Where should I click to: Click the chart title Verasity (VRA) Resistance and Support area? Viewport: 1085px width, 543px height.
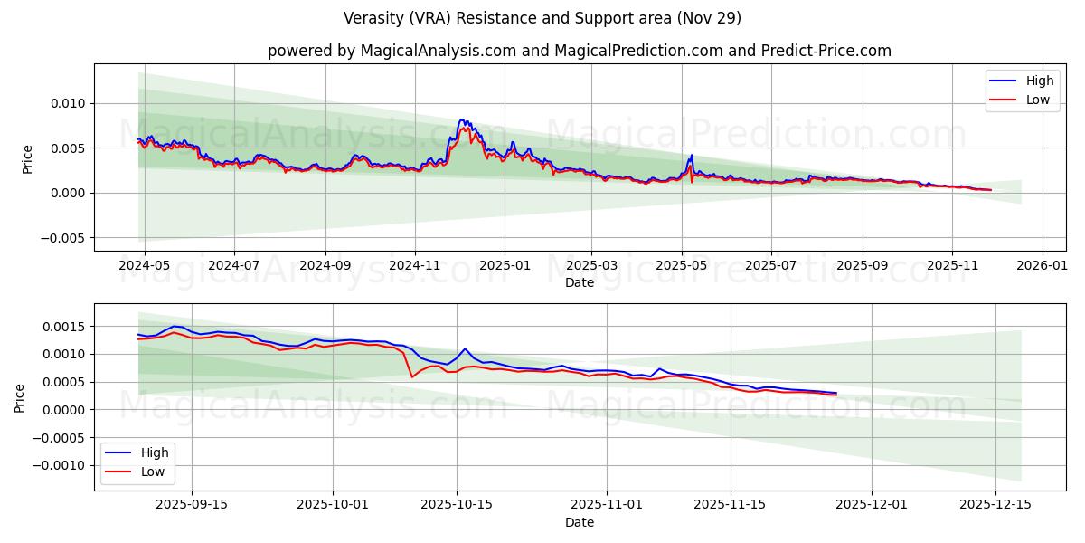[542, 18]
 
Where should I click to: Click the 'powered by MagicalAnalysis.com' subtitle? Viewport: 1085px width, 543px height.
[579, 51]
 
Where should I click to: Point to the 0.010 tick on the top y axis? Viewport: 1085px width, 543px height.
[67, 103]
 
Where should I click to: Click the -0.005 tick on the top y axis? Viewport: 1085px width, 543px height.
[63, 238]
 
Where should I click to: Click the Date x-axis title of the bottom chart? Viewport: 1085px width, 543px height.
[579, 522]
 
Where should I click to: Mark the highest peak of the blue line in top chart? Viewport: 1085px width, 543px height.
[462, 119]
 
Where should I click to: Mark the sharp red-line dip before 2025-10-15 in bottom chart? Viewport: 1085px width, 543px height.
[412, 376]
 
